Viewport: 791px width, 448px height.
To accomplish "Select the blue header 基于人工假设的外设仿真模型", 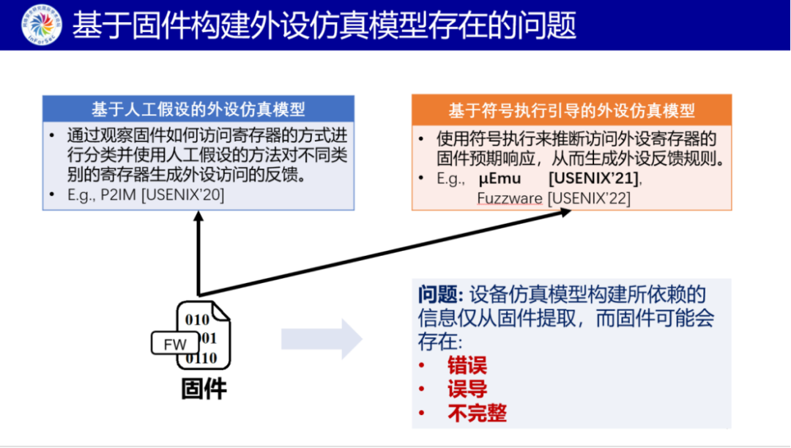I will coord(198,109).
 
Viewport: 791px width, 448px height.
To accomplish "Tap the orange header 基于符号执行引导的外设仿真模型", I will coord(571,110).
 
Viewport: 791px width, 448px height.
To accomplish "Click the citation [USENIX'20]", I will coord(182,195).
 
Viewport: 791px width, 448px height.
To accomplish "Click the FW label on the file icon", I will coord(174,345).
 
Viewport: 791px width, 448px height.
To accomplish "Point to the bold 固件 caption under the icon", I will coord(204,389).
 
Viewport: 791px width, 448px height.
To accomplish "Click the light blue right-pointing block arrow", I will coord(322,338).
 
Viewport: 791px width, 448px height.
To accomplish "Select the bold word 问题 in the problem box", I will coord(438,295).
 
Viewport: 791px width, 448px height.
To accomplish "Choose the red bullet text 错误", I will coord(467,365).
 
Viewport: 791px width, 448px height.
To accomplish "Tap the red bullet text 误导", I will coord(467,389).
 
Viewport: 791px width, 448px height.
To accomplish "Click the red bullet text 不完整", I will coord(477,413).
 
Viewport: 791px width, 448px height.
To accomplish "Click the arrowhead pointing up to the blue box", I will coord(198,218).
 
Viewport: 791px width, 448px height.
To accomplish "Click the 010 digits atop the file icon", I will coord(197,320).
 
